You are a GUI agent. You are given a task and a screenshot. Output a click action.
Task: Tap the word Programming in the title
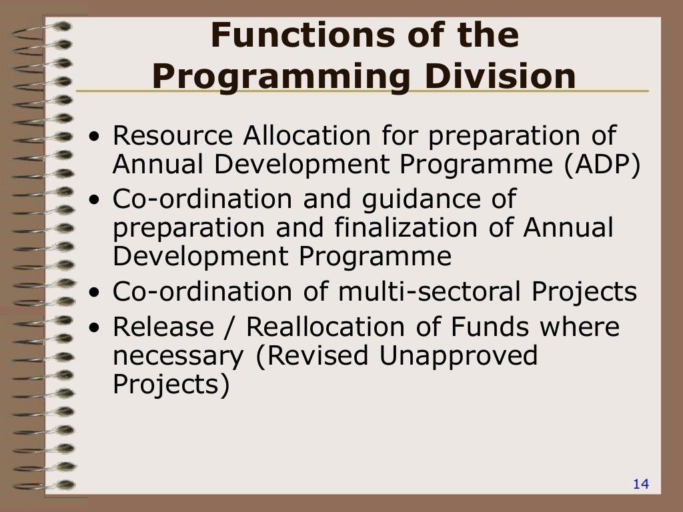coord(280,77)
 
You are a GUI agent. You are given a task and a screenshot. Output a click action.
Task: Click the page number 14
coord(640,484)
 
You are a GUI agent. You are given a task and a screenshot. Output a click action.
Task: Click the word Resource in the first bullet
coord(171,136)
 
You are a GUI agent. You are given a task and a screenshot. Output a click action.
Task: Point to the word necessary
coord(178,356)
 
